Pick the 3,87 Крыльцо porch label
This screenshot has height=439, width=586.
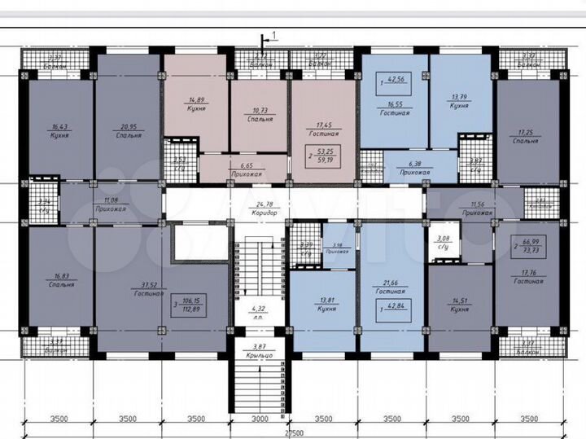pos(260,350)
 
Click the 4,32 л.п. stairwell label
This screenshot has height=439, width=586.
pos(260,312)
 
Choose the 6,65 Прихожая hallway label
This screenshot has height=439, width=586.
pos(246,168)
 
